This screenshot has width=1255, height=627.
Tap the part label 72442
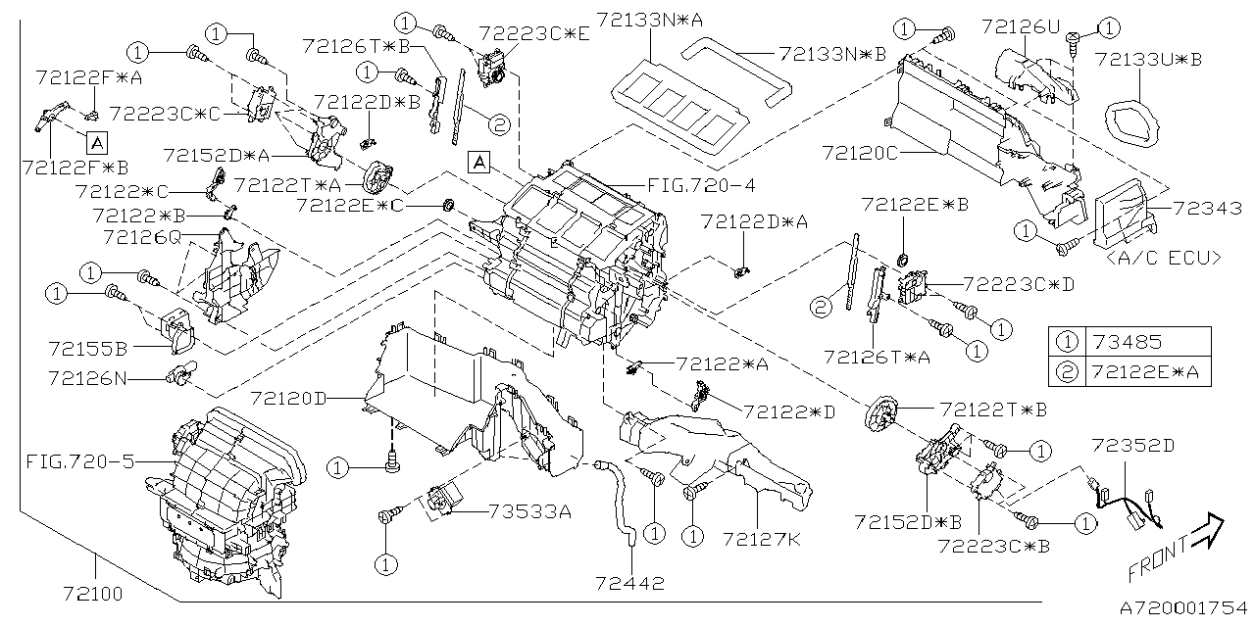pyautogui.click(x=629, y=583)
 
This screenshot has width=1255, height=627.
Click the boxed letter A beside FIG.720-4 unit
pyautogui.click(x=478, y=162)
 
